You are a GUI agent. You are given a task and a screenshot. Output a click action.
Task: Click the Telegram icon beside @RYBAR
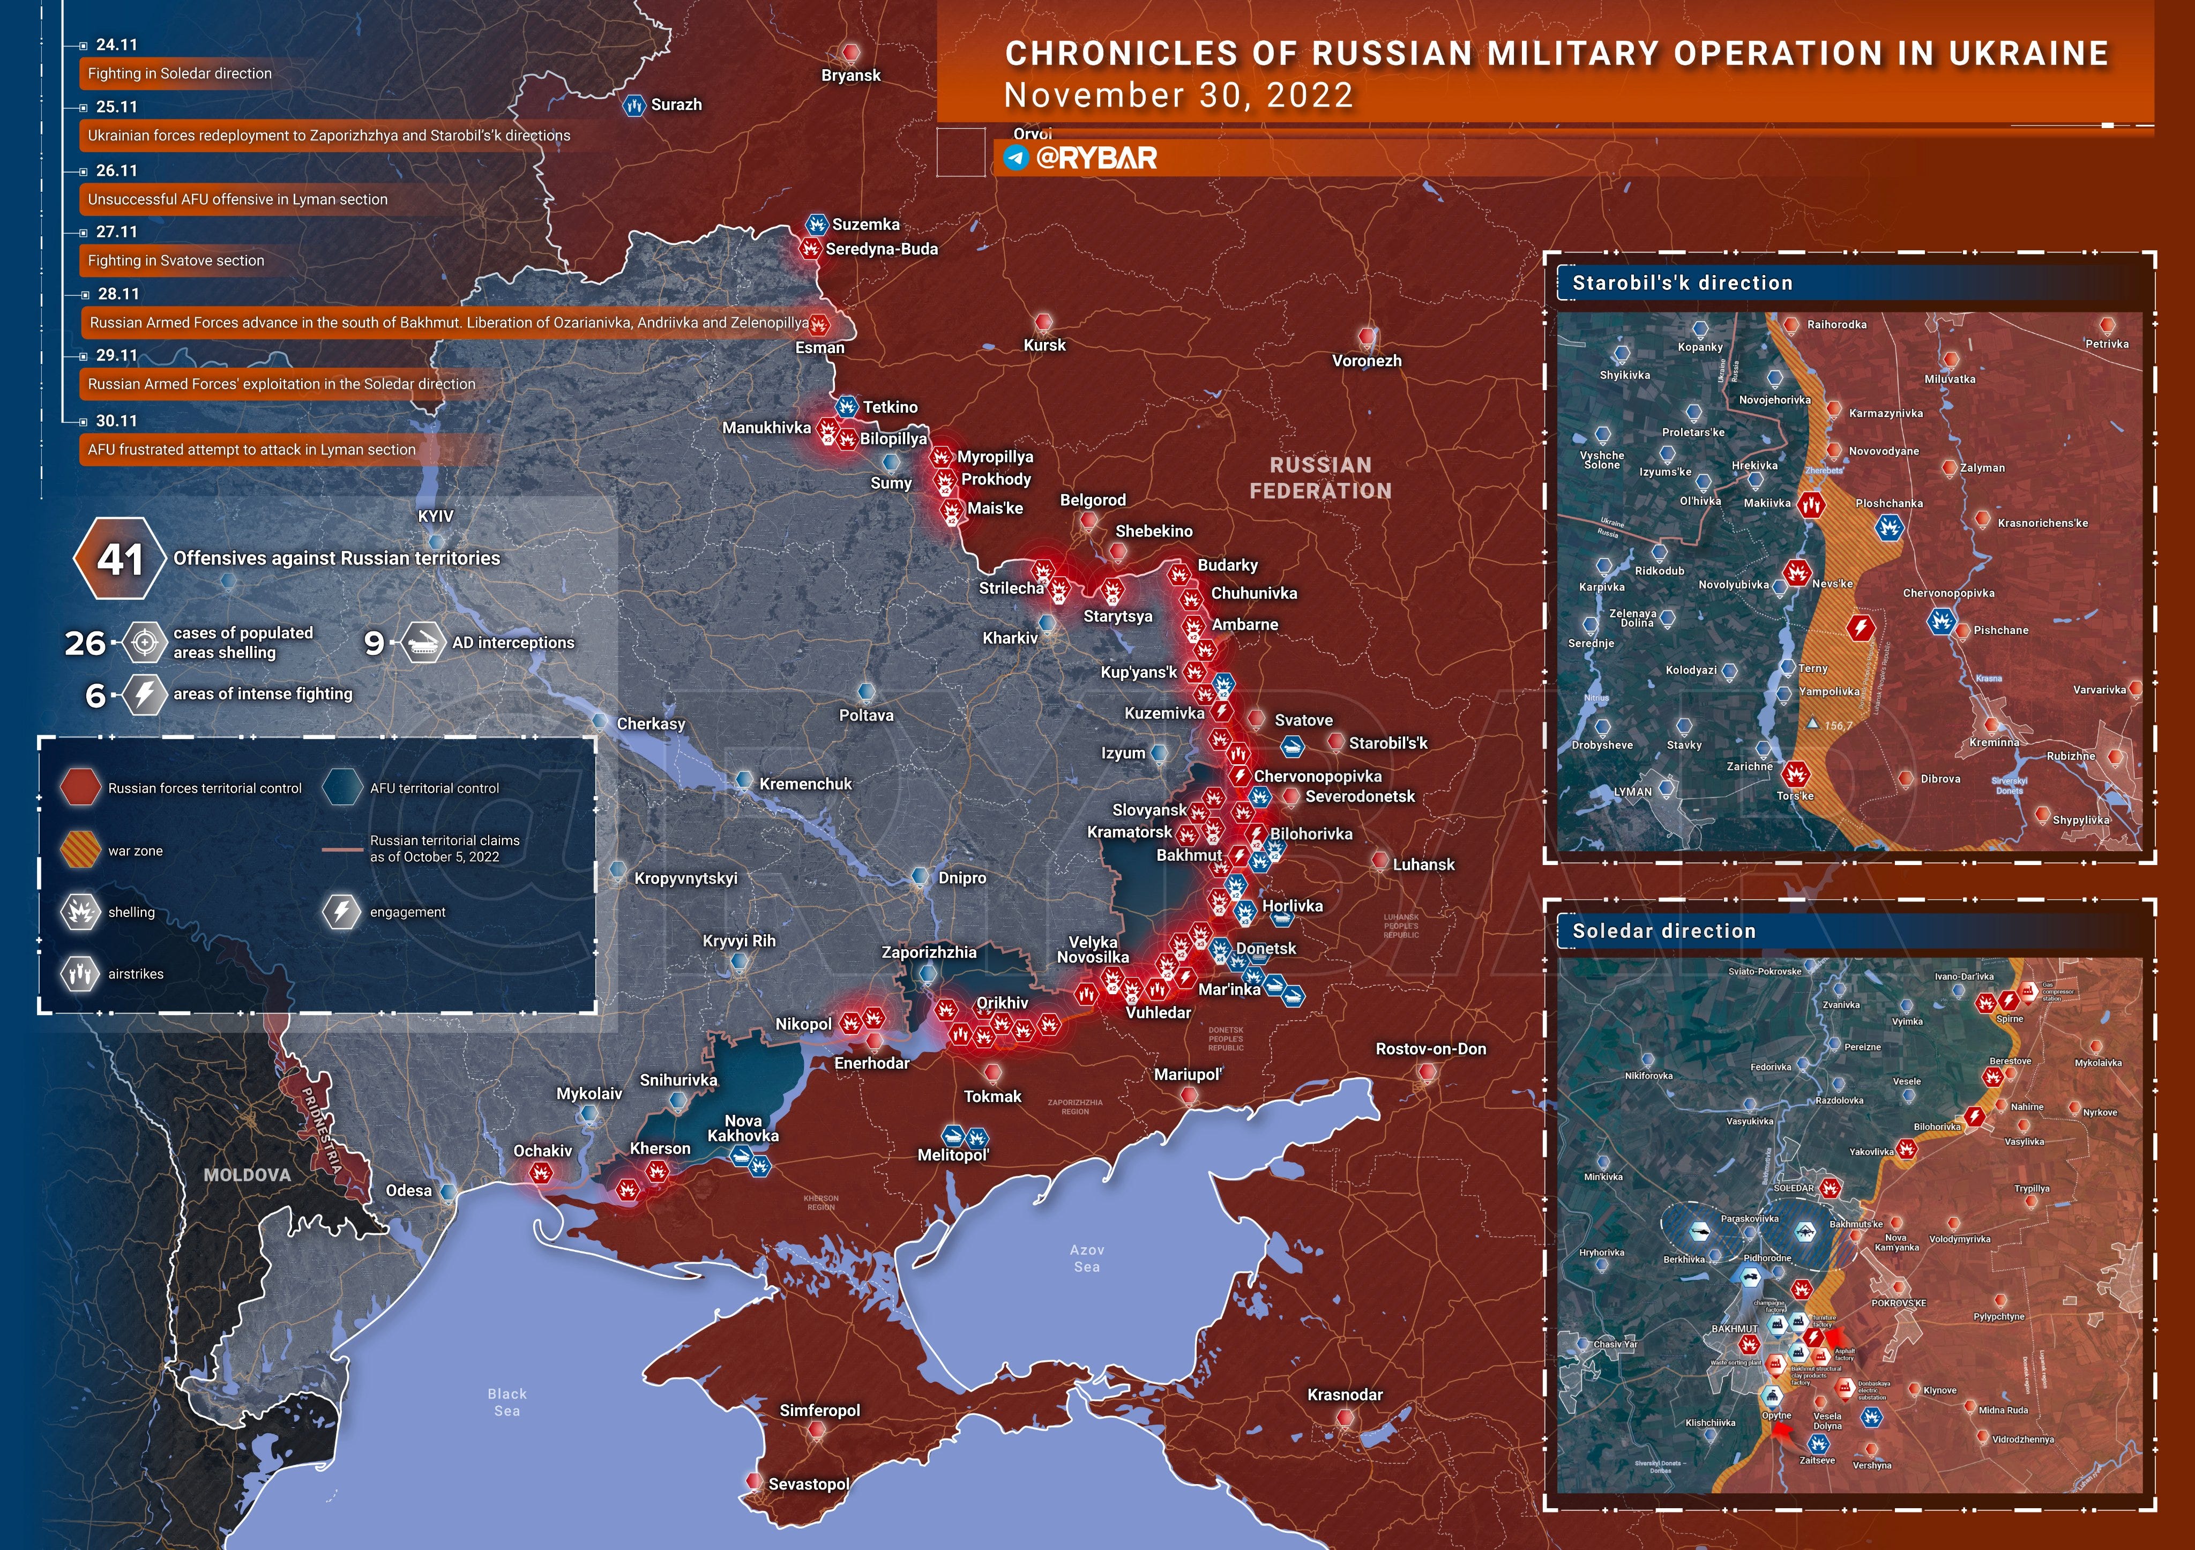(x=1016, y=157)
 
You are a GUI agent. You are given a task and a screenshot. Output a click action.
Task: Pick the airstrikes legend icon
(x=80, y=973)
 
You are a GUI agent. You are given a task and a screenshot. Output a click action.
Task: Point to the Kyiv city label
(x=436, y=516)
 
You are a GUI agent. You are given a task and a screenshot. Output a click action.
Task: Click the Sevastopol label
(x=809, y=1484)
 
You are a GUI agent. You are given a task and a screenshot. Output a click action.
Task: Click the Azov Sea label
(x=1087, y=1257)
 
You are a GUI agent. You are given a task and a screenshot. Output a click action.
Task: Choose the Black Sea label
(x=507, y=1402)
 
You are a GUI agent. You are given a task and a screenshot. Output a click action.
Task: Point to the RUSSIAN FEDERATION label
(x=1320, y=477)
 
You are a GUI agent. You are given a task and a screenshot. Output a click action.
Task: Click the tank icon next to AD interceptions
(x=422, y=643)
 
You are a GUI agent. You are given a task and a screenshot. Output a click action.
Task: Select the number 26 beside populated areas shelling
(x=85, y=643)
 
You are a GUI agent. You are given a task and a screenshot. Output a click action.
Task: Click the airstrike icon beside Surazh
(x=634, y=105)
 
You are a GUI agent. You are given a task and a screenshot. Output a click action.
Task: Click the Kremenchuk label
(x=805, y=784)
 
